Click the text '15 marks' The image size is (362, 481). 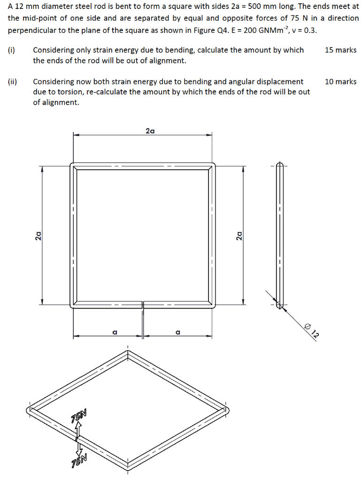click(340, 50)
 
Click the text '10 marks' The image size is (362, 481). click(340, 82)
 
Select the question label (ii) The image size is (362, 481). click(12, 82)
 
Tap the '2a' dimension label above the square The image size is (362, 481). click(150, 131)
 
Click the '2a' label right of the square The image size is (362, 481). click(239, 235)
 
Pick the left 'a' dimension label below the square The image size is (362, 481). click(114, 332)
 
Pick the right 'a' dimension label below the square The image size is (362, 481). click(177, 332)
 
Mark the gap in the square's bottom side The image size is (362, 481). click(143, 304)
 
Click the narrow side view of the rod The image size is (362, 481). click(280, 235)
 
